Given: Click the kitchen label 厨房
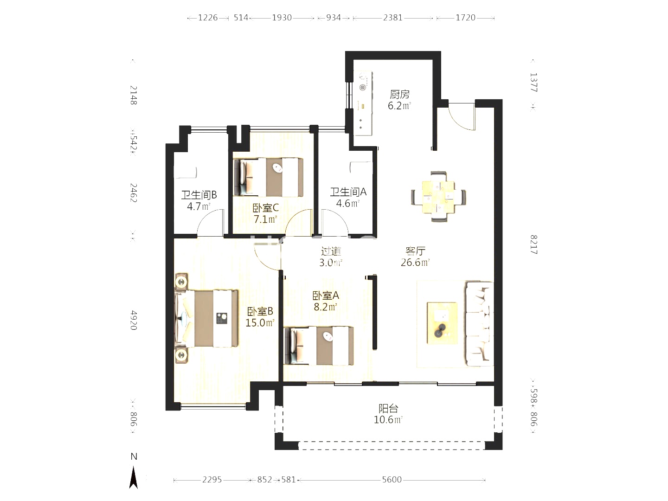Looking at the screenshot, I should pyautogui.click(x=399, y=95).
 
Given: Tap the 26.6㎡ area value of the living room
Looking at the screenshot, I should pyautogui.click(x=415, y=263).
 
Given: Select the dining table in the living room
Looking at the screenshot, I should pyautogui.click(x=438, y=197).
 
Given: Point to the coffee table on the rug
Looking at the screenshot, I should pyautogui.click(x=442, y=323).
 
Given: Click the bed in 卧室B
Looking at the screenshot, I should pyautogui.click(x=207, y=318).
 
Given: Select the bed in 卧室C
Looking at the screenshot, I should pyautogui.click(x=269, y=177).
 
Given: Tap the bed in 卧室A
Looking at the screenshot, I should pyautogui.click(x=319, y=346).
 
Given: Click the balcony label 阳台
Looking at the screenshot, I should pyautogui.click(x=388, y=409).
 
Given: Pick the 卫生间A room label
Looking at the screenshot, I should pyautogui.click(x=348, y=192).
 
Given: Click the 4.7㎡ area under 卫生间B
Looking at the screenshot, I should pyautogui.click(x=199, y=206).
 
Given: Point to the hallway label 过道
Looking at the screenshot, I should pyautogui.click(x=331, y=251).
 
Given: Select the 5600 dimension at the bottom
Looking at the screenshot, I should pyautogui.click(x=392, y=480).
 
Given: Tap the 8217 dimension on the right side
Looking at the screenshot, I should pyautogui.click(x=533, y=244).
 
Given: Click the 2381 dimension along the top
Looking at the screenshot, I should pyautogui.click(x=392, y=18).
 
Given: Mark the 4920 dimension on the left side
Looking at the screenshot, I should pyautogui.click(x=134, y=320).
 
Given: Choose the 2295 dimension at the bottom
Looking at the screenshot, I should pyautogui.click(x=212, y=480).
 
